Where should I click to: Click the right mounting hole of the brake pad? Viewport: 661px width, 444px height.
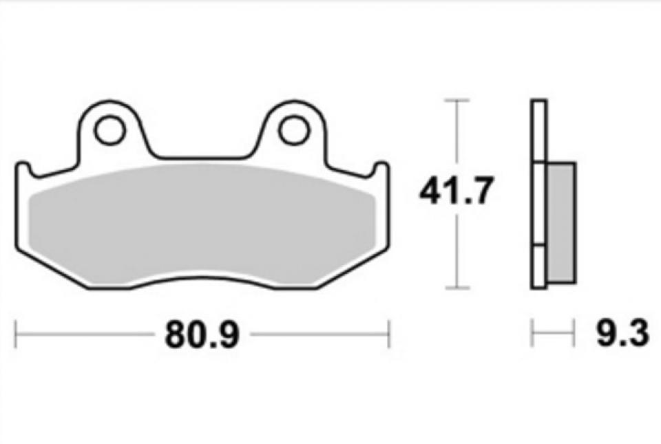coord(293,129)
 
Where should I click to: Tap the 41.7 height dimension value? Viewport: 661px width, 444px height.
coord(457,192)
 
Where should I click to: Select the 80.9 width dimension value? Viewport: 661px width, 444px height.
coord(202,335)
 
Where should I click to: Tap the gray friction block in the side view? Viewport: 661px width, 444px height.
coord(560,222)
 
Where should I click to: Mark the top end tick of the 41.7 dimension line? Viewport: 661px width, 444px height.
coord(457,101)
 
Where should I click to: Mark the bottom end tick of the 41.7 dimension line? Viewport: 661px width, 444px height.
coord(457,288)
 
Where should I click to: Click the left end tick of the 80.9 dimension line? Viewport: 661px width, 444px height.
coord(16,335)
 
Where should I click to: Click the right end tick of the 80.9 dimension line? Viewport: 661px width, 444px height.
coord(390,335)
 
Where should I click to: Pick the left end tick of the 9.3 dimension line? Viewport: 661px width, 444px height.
coord(532,335)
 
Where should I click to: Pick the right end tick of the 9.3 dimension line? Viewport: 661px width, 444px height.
coord(574,335)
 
